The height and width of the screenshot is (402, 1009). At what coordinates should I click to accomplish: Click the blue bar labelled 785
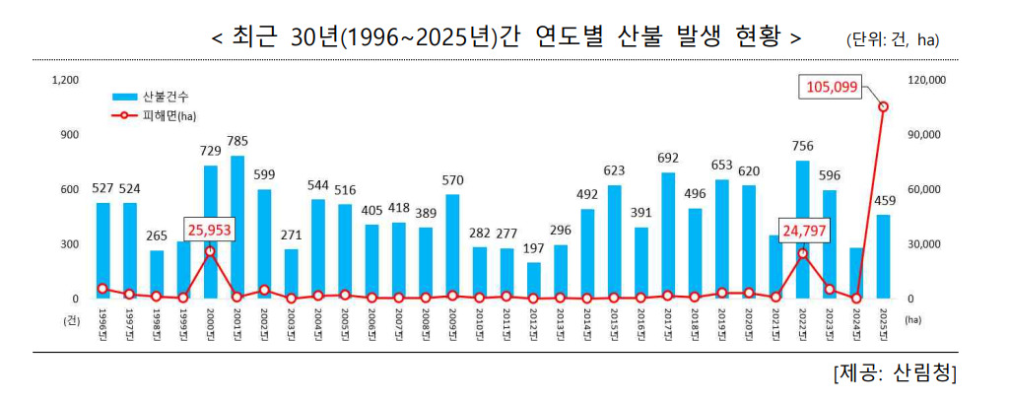coord(236,227)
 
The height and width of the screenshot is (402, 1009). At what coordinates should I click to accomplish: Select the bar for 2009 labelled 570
coord(452,246)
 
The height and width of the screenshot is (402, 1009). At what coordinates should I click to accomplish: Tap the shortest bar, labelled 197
coord(533,280)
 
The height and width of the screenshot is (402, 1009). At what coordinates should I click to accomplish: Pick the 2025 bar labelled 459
coord(883,256)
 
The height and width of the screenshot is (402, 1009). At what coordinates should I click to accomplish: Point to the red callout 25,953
coord(210,231)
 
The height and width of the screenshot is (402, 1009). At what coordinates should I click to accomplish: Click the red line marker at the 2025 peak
coord(883,106)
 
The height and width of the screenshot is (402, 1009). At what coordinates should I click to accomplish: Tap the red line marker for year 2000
coord(210,251)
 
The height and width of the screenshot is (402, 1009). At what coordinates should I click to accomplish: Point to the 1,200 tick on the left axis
coord(65,80)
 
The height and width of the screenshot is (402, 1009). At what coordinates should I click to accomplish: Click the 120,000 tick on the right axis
coord(925,80)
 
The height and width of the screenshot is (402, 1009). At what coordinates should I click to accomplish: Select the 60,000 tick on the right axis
coord(923,189)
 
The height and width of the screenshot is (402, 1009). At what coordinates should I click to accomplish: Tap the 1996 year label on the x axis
coord(102,323)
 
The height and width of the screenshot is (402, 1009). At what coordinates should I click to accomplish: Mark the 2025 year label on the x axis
coord(883,323)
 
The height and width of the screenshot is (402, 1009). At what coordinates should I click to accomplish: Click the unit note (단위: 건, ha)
coord(892,39)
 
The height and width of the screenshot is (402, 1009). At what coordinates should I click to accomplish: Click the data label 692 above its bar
coord(668,158)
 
